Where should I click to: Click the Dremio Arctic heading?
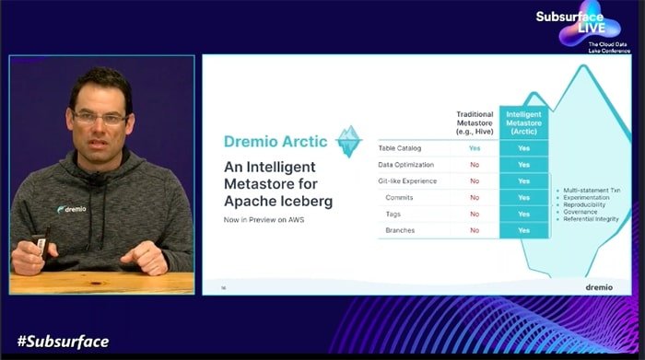coord(275,142)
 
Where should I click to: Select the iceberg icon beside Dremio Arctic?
coord(348,141)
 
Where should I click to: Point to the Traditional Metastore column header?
coord(475,124)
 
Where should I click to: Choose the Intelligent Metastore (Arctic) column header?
coord(523,124)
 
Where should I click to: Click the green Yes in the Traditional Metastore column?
coord(475,147)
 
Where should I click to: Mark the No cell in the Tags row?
coord(475,214)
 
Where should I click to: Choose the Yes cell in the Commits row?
coord(523,197)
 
